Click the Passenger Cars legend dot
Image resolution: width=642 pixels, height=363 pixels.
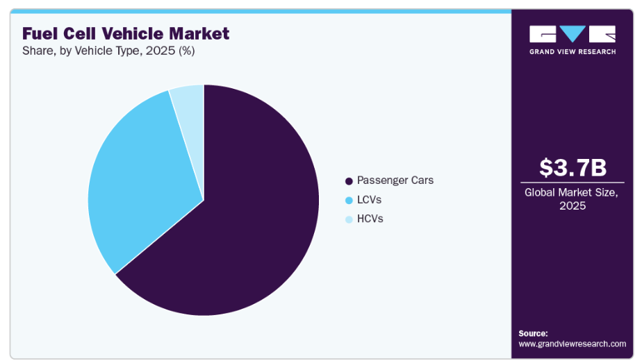[349, 181]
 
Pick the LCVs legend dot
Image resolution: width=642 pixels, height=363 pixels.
[349, 200]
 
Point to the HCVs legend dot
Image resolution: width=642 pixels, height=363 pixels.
[349, 219]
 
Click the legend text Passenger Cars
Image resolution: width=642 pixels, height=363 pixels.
[395, 180]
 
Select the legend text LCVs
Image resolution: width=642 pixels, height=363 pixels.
[369, 200]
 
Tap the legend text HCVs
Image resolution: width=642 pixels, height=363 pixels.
[370, 219]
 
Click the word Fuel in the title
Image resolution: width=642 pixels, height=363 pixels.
[39, 33]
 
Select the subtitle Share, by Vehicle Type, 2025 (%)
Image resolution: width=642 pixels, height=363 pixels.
[108, 51]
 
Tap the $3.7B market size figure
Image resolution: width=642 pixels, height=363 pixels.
[573, 167]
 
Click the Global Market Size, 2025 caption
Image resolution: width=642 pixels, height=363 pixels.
[573, 199]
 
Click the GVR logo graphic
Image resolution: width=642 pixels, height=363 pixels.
[573, 34]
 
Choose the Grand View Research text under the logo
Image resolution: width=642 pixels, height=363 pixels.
[573, 51]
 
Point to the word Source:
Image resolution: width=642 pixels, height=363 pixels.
[533, 333]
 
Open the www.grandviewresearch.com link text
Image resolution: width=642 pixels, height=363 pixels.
[573, 344]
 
